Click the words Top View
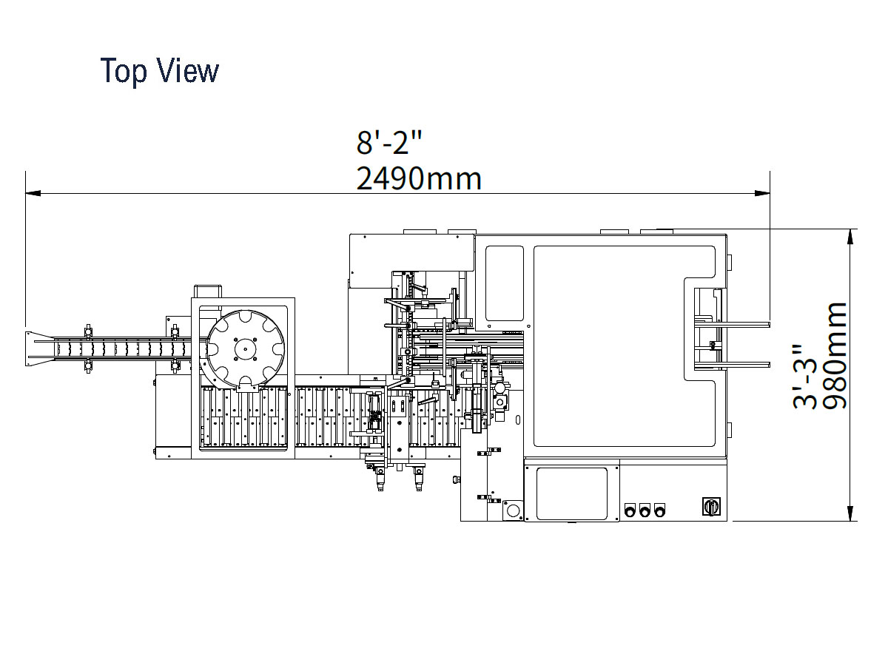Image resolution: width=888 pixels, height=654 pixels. [x=159, y=71]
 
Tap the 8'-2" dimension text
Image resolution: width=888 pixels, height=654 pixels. [x=389, y=143]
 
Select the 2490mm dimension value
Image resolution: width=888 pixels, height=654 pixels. [x=419, y=179]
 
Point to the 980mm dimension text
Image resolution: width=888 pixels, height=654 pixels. [x=835, y=356]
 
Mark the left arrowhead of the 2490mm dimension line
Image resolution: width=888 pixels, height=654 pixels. [x=33, y=194]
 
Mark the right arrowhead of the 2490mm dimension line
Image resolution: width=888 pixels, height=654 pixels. [x=762, y=194]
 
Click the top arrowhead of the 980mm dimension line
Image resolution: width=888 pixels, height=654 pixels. [x=850, y=237]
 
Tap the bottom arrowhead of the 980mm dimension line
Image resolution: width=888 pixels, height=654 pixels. [x=850, y=513]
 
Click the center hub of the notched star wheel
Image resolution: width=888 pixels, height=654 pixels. [x=246, y=349]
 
